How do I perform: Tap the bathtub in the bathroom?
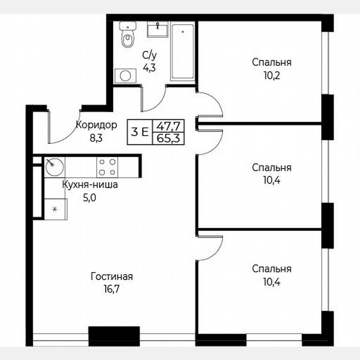182,52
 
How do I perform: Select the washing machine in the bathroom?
125,75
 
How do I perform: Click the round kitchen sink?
53,167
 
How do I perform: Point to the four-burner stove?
107,167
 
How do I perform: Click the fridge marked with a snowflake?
54,208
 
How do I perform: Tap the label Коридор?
96,125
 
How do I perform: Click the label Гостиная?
112,277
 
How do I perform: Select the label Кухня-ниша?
90,185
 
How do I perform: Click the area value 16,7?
112,287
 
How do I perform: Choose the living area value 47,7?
168,125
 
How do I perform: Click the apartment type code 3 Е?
139,132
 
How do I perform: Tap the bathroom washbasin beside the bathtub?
158,30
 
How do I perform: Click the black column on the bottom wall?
114,336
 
